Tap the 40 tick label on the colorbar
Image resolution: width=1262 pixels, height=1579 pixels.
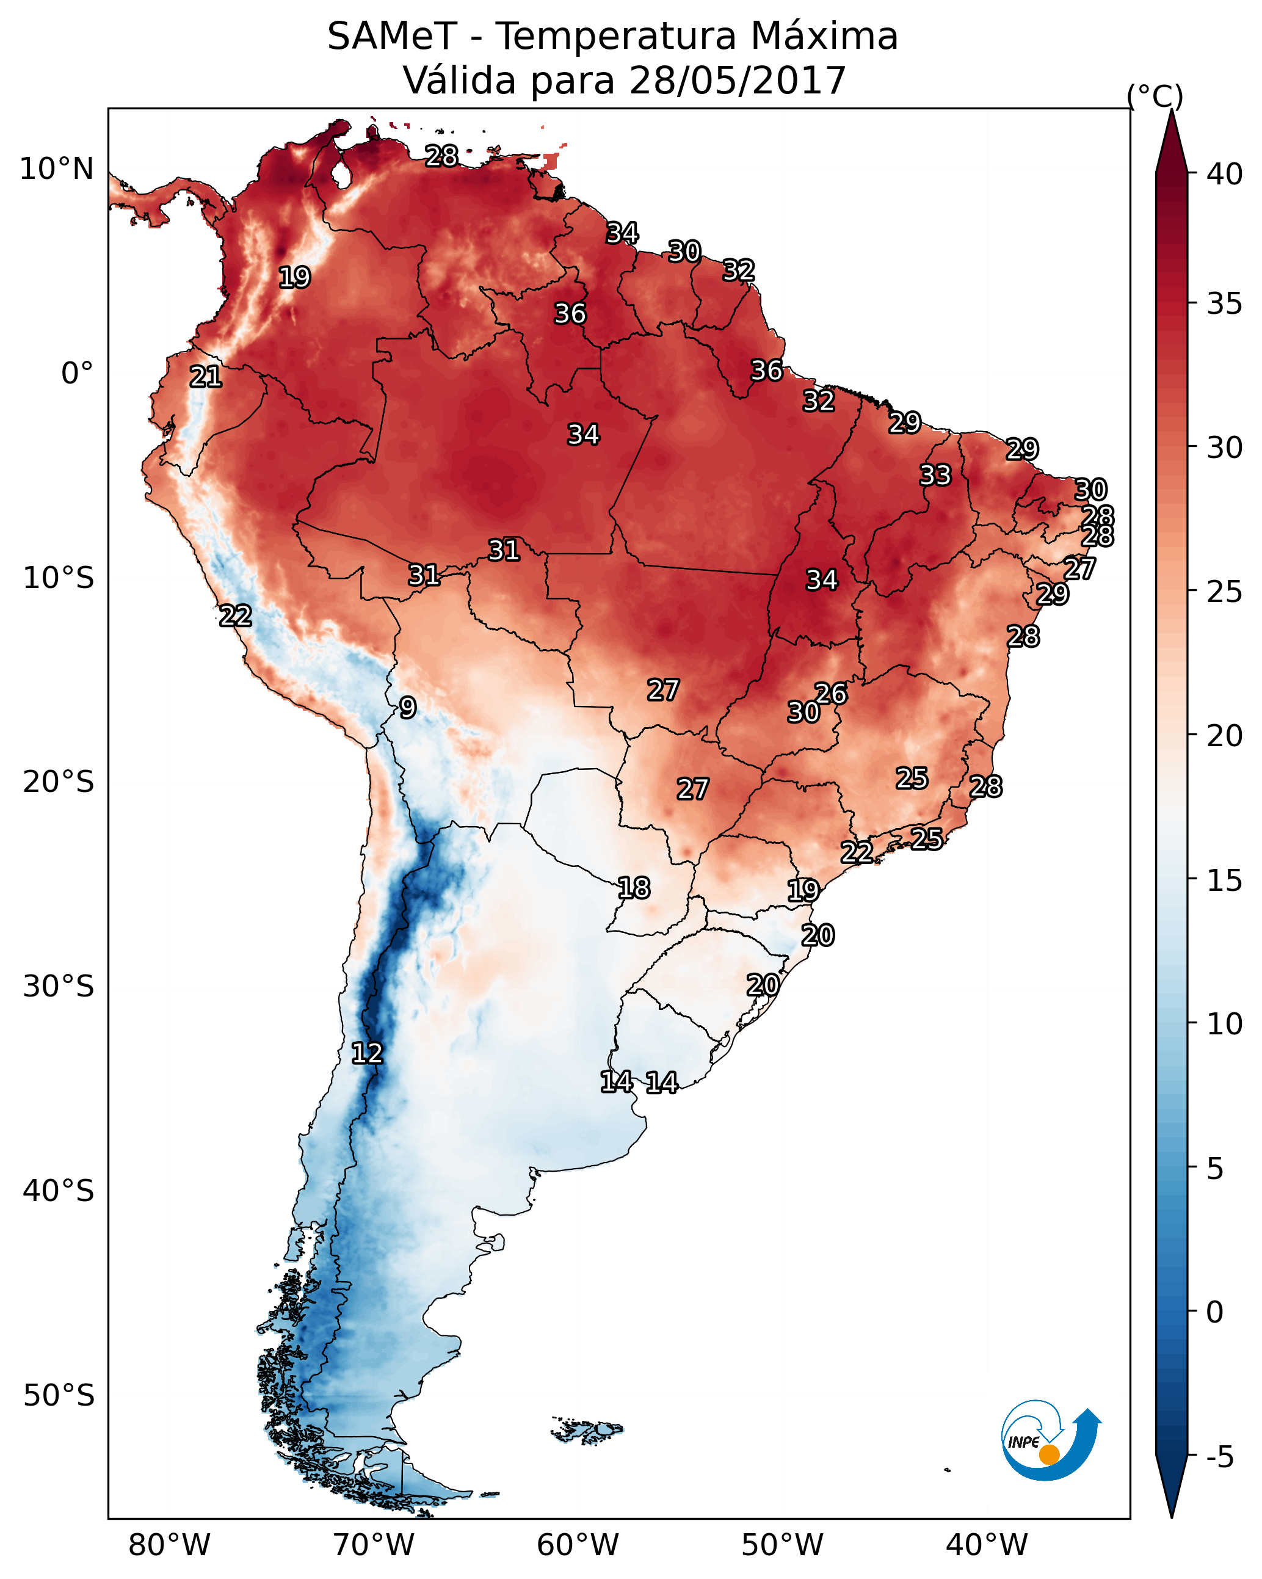coord(1225,174)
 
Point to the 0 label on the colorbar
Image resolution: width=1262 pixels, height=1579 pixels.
coord(1214,1312)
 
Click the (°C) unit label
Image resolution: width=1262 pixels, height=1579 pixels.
coord(1155,96)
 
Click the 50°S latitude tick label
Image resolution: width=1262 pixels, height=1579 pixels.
coord(59,1395)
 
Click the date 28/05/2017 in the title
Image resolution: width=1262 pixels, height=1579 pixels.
coord(737,81)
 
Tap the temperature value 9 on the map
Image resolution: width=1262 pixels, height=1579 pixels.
coord(408,708)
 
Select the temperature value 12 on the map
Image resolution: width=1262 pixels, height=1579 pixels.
coord(367,1053)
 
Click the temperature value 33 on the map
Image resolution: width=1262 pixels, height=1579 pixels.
coord(935,475)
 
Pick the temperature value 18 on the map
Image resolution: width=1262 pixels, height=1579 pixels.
coord(634,888)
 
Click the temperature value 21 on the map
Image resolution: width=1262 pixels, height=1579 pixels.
coord(206,377)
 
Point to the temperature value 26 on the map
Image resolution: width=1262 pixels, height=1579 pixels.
coord(832,693)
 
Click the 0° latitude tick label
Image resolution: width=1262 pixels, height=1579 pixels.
coord(77,374)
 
